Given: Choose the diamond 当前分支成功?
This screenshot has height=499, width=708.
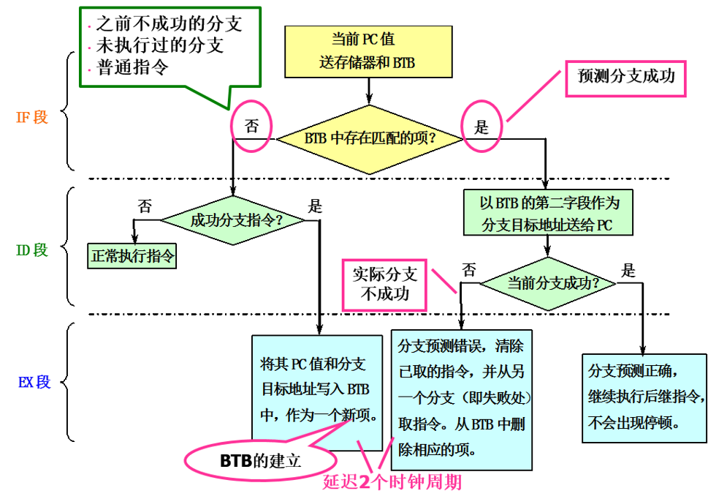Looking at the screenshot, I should tap(550, 282).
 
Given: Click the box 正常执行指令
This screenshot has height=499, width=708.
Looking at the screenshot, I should tap(133, 257).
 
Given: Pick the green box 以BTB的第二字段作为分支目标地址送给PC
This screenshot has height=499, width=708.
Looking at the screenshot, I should tap(547, 213).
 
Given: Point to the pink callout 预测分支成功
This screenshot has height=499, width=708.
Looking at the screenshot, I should tap(625, 76).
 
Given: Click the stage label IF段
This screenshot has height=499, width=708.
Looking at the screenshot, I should tap(32, 117).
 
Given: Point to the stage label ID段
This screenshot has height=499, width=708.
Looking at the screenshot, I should tap(32, 250).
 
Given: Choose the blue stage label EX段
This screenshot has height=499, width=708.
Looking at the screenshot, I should tap(34, 382).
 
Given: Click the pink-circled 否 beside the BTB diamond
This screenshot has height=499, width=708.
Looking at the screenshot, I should tap(251, 127).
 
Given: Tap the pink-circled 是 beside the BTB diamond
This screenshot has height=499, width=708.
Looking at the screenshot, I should tap(481, 127).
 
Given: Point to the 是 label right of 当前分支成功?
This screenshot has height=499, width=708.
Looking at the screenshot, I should tap(628, 271).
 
